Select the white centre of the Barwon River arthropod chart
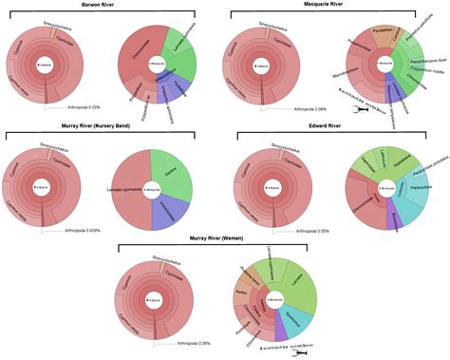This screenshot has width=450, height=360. [153, 65]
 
